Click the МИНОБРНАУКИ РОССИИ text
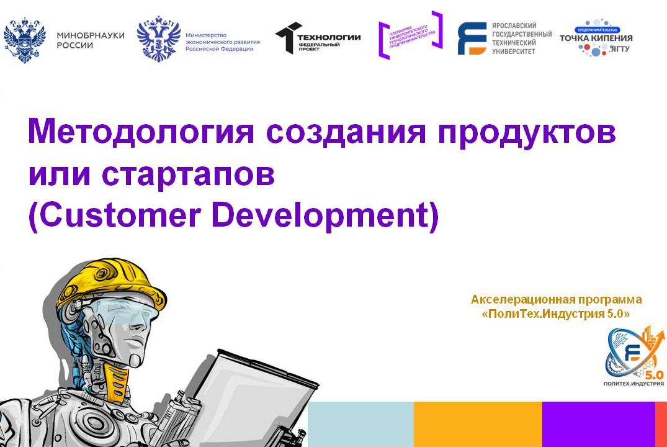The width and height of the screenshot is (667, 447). (90, 40)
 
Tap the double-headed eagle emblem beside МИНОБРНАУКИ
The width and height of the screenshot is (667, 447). (25, 40)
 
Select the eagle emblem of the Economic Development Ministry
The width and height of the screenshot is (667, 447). (158, 38)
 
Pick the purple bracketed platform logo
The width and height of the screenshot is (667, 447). (410, 35)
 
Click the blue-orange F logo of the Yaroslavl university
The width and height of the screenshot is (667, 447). (472, 38)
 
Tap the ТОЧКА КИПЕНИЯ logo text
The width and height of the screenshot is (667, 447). (596, 38)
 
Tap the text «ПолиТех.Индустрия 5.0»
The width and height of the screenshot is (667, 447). (556, 315)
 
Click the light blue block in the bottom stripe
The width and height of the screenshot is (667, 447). (360, 424)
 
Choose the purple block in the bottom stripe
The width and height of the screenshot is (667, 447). (598, 424)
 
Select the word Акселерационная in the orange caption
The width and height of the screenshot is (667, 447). (517, 299)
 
